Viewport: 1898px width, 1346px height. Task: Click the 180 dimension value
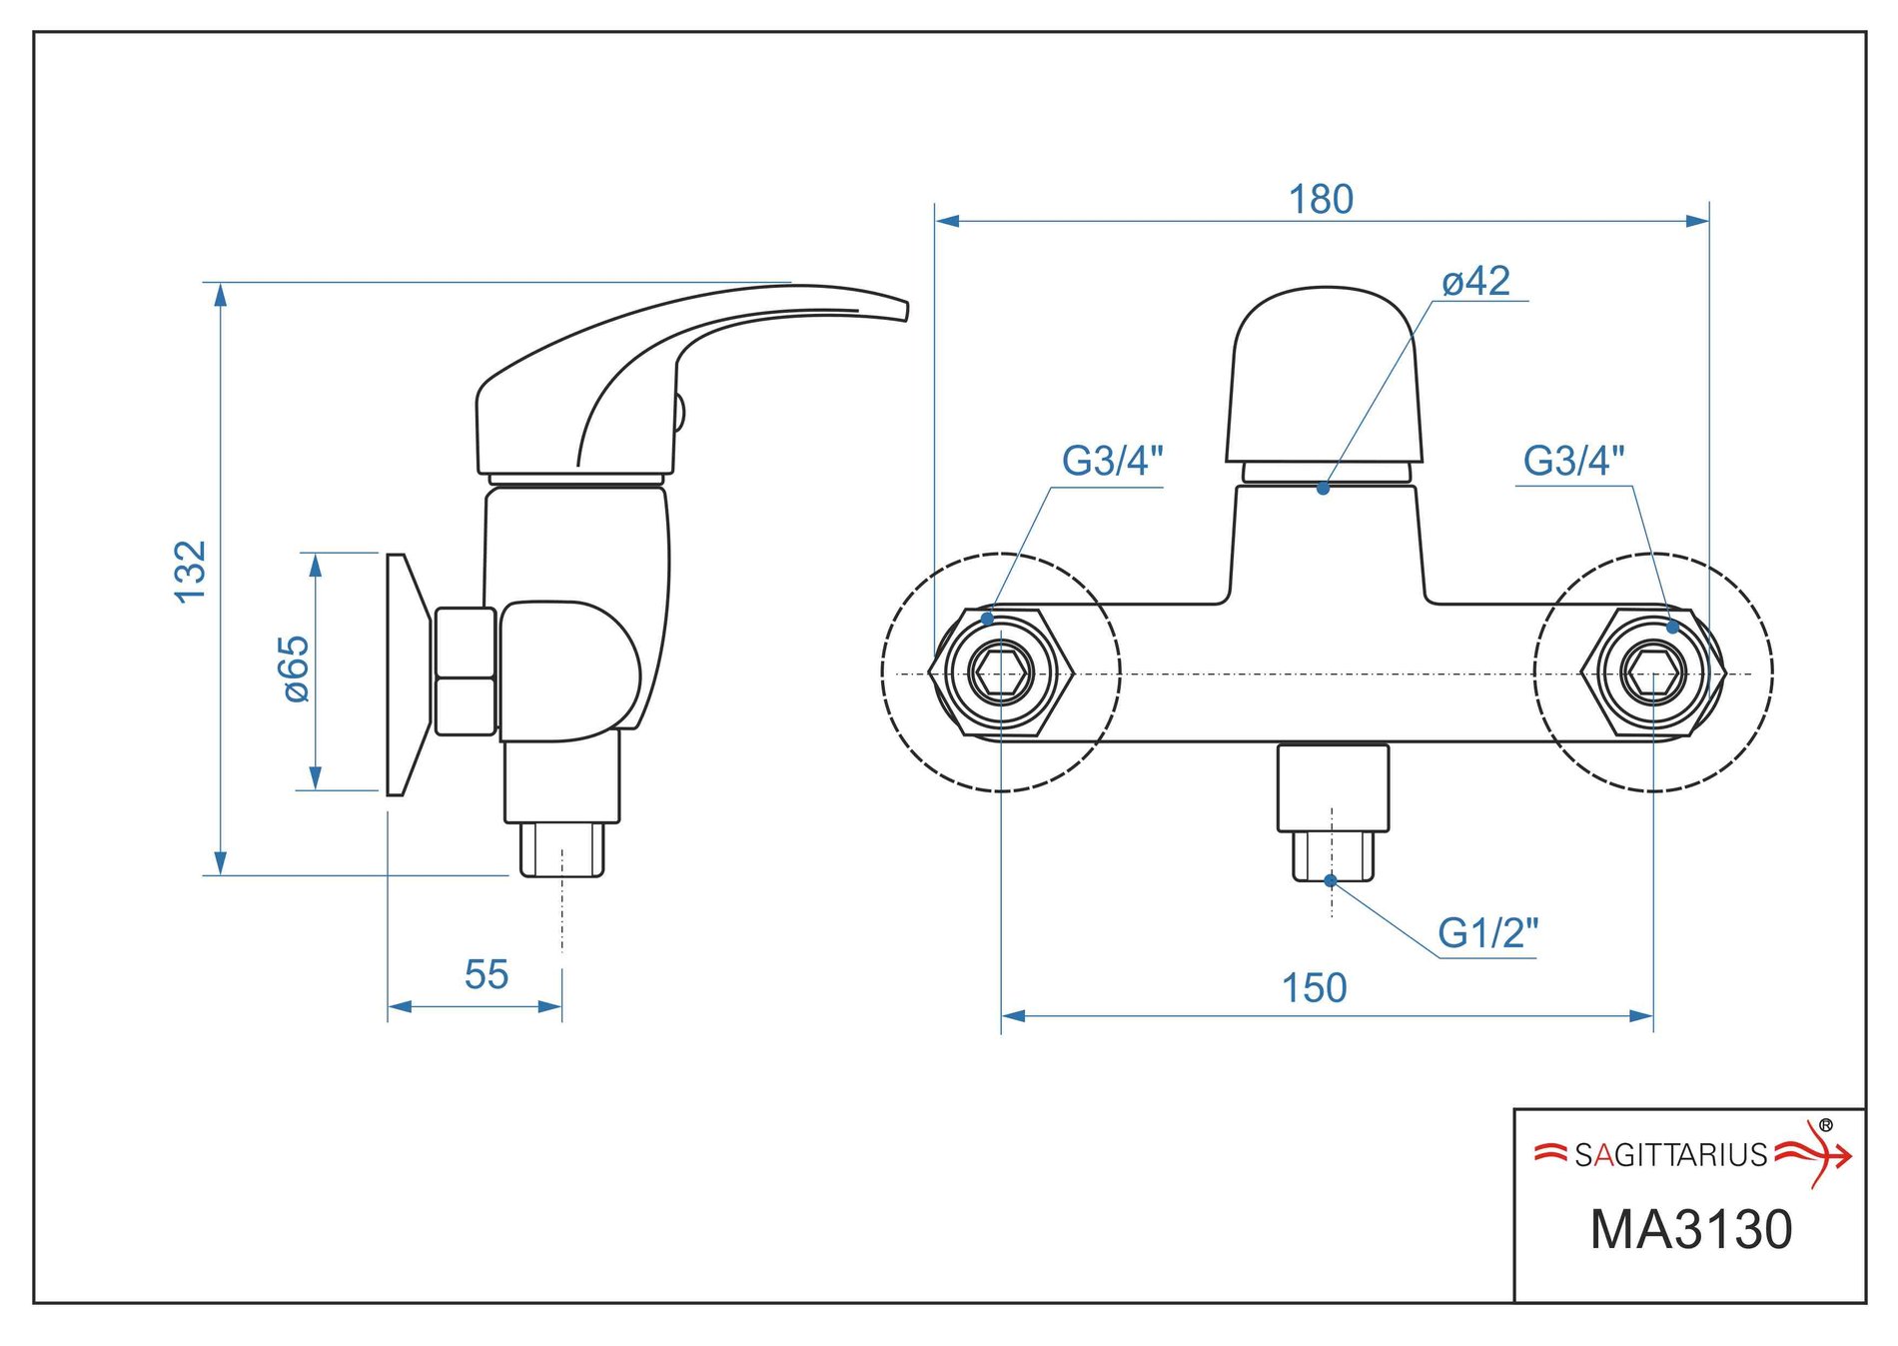(1321, 200)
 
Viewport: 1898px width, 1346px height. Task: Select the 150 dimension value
(1314, 988)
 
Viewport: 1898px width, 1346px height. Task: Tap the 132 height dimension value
(190, 572)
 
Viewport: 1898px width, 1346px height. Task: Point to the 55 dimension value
(486, 974)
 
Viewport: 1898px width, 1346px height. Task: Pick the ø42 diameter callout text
(1475, 282)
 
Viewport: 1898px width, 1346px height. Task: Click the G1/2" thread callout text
(1487, 933)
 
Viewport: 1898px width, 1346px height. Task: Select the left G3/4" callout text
(1112, 461)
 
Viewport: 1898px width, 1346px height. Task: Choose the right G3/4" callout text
(1573, 461)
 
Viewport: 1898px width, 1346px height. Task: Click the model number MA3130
(1690, 1229)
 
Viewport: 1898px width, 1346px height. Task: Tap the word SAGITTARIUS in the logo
(1670, 1156)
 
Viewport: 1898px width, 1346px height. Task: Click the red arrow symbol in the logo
(1817, 1154)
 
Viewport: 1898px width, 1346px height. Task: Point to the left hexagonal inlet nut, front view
(1001, 673)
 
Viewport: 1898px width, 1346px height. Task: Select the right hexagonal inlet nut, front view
(1652, 673)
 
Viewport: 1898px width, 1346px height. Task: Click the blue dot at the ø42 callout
(1323, 489)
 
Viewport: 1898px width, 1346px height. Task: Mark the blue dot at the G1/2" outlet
(1331, 880)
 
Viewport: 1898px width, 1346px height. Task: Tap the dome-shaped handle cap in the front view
(1324, 375)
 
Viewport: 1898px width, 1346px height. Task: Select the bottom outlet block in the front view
(1333, 787)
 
